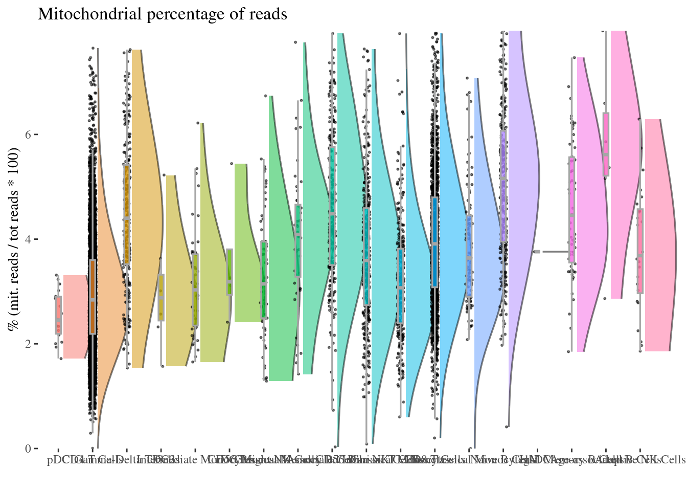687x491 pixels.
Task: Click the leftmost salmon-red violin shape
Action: point(75,317)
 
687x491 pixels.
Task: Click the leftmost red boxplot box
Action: point(59,315)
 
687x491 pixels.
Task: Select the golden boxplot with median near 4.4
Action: point(127,215)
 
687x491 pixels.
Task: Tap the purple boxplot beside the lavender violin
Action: point(503,187)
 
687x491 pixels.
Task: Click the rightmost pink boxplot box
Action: point(640,251)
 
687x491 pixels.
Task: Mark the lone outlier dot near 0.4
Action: point(507,427)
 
